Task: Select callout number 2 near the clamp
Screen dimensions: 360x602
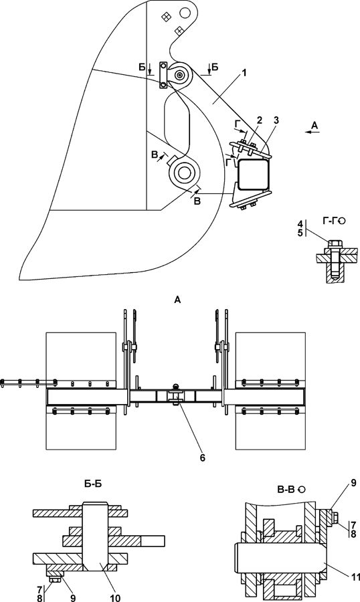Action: click(x=260, y=120)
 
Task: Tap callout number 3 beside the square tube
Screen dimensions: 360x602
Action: click(x=276, y=120)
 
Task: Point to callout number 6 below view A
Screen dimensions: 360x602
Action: click(x=203, y=458)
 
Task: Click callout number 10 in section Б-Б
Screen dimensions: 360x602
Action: click(x=115, y=597)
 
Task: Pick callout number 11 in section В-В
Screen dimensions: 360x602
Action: click(x=355, y=577)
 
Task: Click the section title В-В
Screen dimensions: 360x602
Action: click(x=286, y=490)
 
